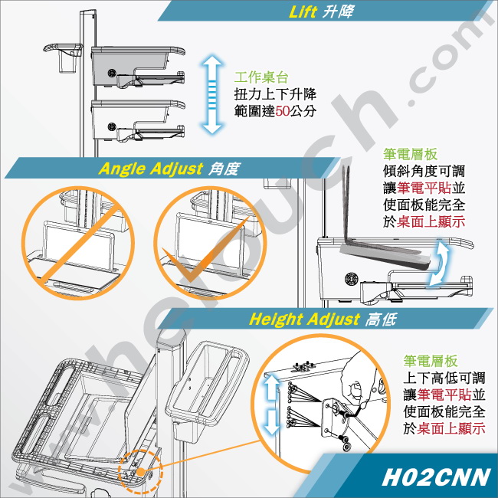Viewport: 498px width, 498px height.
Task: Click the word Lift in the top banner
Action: tap(303, 11)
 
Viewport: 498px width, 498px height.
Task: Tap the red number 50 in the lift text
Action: tap(283, 111)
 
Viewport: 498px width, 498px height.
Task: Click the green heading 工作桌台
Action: tap(261, 77)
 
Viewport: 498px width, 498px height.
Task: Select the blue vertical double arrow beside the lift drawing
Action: tap(211, 94)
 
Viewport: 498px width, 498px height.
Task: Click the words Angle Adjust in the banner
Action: tap(150, 169)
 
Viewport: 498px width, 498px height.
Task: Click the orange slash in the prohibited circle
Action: tap(80, 243)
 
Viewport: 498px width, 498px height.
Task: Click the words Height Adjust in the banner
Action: tap(304, 319)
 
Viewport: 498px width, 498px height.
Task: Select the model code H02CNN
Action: tap(436, 477)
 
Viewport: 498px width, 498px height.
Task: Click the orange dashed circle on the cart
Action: tap(140, 471)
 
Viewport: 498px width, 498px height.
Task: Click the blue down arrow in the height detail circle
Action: tap(272, 421)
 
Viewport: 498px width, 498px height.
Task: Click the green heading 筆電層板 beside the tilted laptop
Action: tap(411, 154)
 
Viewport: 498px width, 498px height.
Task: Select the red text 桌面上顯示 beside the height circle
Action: tap(451, 428)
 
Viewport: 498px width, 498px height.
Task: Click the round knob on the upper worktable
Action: tap(112, 74)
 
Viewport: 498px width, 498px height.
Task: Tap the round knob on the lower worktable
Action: tap(112, 127)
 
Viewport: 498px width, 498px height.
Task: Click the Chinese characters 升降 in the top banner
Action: tap(338, 11)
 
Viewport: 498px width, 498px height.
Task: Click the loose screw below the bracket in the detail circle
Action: tap(344, 442)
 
